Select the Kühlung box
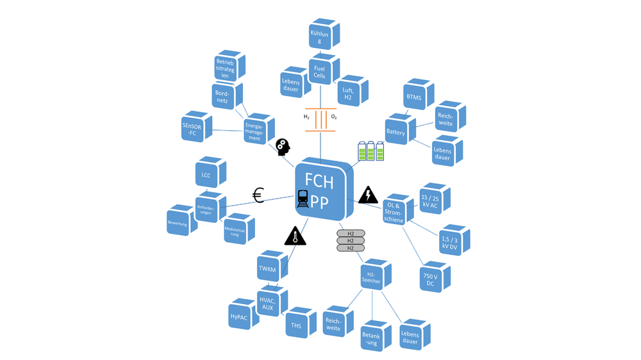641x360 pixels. [320, 36]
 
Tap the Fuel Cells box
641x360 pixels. [319, 70]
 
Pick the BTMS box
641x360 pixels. [413, 97]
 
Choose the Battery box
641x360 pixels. [396, 132]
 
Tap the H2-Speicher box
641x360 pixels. [372, 277]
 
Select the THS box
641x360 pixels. [296, 326]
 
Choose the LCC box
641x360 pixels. [206, 174]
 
